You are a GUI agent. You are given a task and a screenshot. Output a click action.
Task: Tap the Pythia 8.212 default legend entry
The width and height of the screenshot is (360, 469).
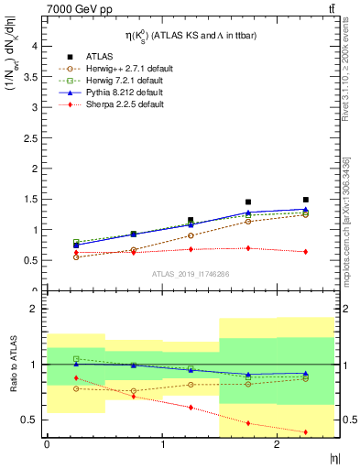click(x=120, y=93)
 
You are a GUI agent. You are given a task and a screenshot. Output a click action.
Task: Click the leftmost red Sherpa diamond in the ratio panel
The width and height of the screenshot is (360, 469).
click(x=76, y=378)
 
